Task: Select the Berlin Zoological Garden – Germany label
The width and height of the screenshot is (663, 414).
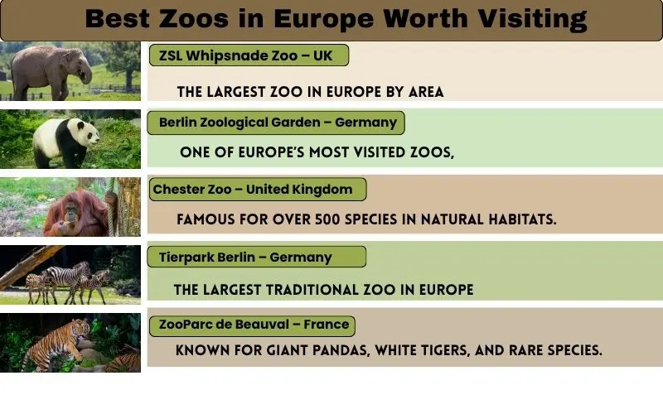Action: coord(278,123)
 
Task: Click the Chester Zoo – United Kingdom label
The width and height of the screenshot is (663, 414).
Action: coord(253,190)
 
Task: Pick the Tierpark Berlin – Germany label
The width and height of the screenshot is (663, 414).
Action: coord(245,257)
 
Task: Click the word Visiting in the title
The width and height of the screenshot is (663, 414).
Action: coord(529,19)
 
